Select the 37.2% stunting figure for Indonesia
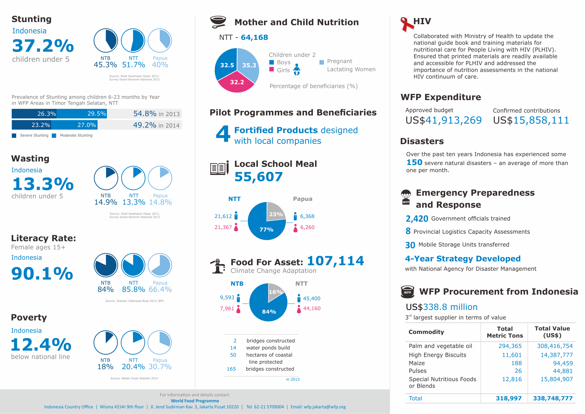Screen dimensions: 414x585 coord(43,46)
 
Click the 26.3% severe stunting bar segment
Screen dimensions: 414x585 coord(34,114)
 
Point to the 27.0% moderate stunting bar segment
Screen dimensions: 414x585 coord(74,125)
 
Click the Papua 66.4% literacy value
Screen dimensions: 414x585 coord(160,289)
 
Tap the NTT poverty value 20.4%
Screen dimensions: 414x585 coord(133,366)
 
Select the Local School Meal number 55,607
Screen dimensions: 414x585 coord(259,177)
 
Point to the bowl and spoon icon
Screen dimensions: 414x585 coord(218,22)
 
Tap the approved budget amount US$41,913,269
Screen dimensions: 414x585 coord(443,120)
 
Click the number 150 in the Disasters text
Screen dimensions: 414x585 coord(414,162)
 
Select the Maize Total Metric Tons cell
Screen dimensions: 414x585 coord(516,363)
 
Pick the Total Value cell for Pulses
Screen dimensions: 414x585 coord(563,371)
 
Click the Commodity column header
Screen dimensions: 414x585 coord(426,332)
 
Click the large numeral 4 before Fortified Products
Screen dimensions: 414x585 coord(223,134)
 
